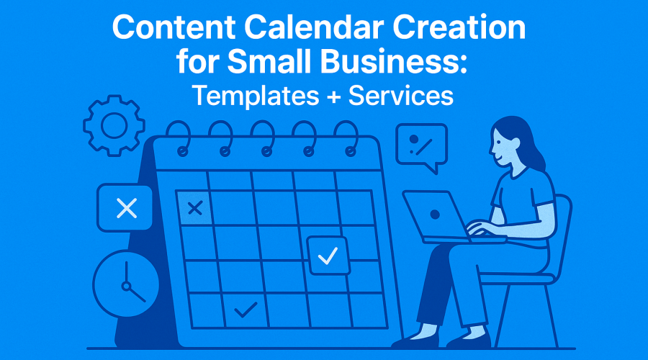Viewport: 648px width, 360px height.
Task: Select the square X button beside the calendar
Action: click(126, 209)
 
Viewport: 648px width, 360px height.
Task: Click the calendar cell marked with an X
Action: click(194, 209)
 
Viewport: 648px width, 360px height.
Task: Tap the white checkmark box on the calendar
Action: click(328, 256)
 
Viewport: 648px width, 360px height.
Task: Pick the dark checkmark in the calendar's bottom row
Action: click(246, 310)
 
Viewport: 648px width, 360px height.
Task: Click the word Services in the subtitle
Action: click(401, 95)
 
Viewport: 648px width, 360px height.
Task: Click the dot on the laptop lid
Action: click(435, 215)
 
